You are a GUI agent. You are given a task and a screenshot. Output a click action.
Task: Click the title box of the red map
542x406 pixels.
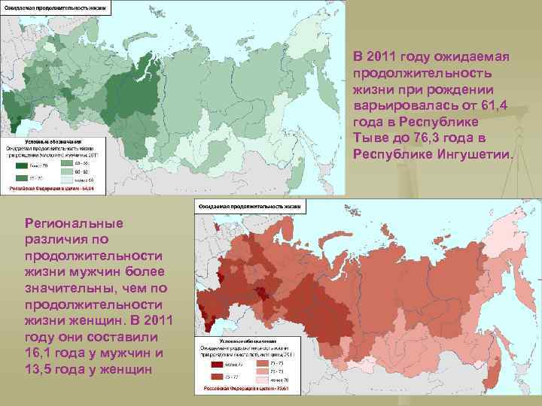(251, 205)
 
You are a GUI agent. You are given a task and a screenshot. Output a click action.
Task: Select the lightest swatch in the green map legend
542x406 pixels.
(67, 180)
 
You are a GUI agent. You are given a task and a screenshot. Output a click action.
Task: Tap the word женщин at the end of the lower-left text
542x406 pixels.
(127, 371)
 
